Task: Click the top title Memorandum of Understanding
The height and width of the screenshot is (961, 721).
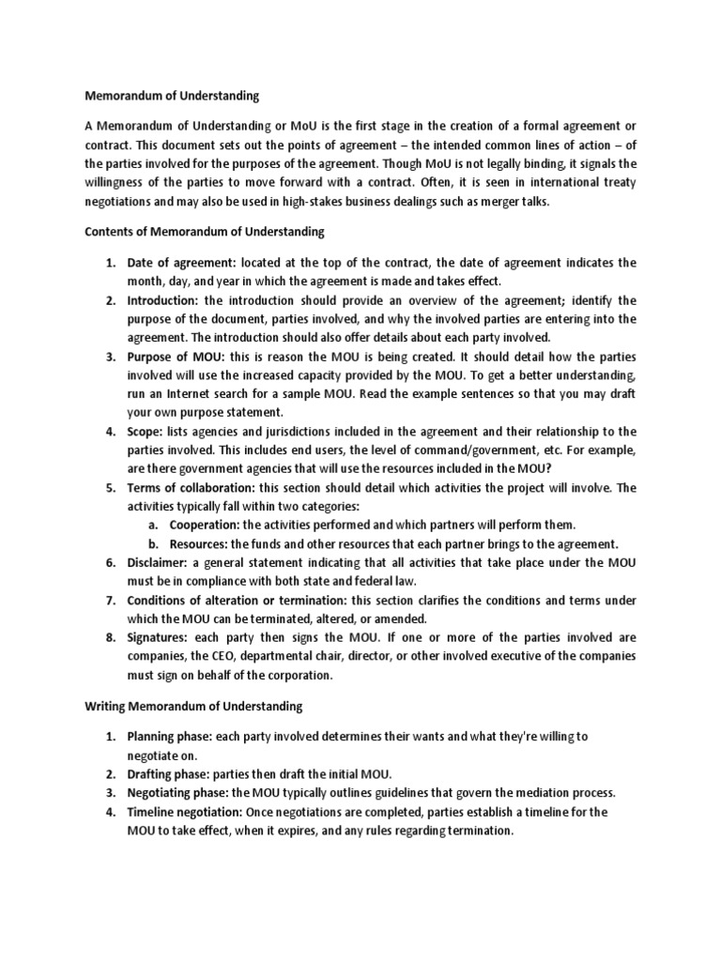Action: click(172, 95)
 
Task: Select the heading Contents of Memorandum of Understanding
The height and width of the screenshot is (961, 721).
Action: click(205, 231)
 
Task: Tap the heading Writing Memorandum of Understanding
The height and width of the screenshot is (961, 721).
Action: click(193, 705)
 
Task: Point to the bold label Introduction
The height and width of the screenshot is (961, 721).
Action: click(163, 300)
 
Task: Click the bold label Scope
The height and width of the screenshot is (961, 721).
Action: click(146, 431)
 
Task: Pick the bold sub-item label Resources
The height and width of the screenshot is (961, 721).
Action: click(198, 543)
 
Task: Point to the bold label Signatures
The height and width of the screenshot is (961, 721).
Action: click(161, 637)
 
